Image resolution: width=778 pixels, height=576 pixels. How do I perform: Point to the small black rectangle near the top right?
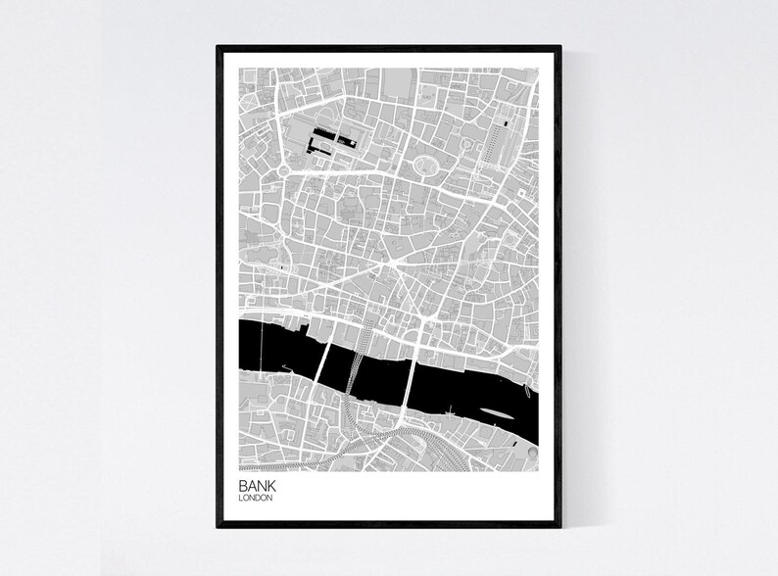point(506,122)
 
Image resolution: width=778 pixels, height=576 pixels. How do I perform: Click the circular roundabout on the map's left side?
point(285,171)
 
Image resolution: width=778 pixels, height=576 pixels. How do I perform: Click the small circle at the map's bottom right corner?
point(529,453)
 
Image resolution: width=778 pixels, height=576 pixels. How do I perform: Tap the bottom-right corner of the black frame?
point(559,526)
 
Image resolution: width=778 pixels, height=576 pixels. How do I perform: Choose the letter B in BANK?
point(242,485)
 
